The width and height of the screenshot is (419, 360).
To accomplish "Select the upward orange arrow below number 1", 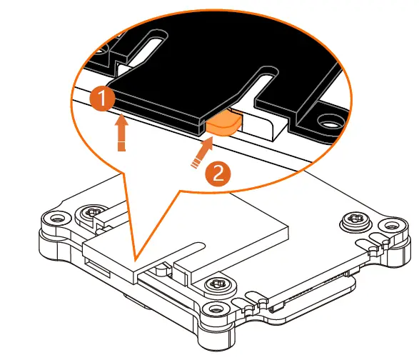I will [x=122, y=134].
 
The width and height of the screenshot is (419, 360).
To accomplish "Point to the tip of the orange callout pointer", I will [x=133, y=257].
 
